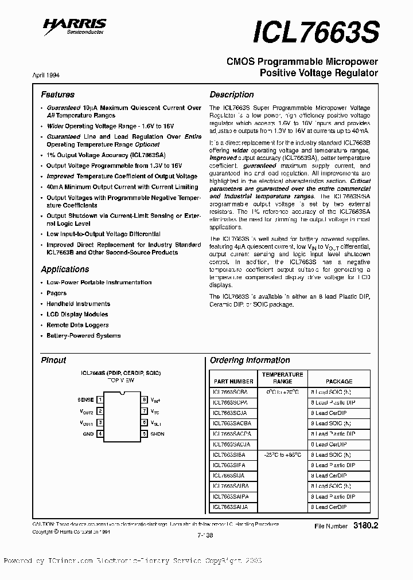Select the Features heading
[x=57, y=95]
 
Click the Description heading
[x=231, y=95]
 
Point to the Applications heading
[x=65, y=269]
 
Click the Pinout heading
[x=53, y=360]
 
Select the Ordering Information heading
[x=250, y=360]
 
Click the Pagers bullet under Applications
[x=57, y=293]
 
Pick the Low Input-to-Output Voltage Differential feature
[x=103, y=234]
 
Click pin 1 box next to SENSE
[x=101, y=399]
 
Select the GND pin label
[x=88, y=434]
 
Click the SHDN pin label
[x=157, y=434]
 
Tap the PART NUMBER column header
[x=233, y=381]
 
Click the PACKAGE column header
[x=339, y=381]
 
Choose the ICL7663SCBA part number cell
[x=231, y=392]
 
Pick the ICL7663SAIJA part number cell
[x=231, y=507]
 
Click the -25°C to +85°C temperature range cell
[x=282, y=455]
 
